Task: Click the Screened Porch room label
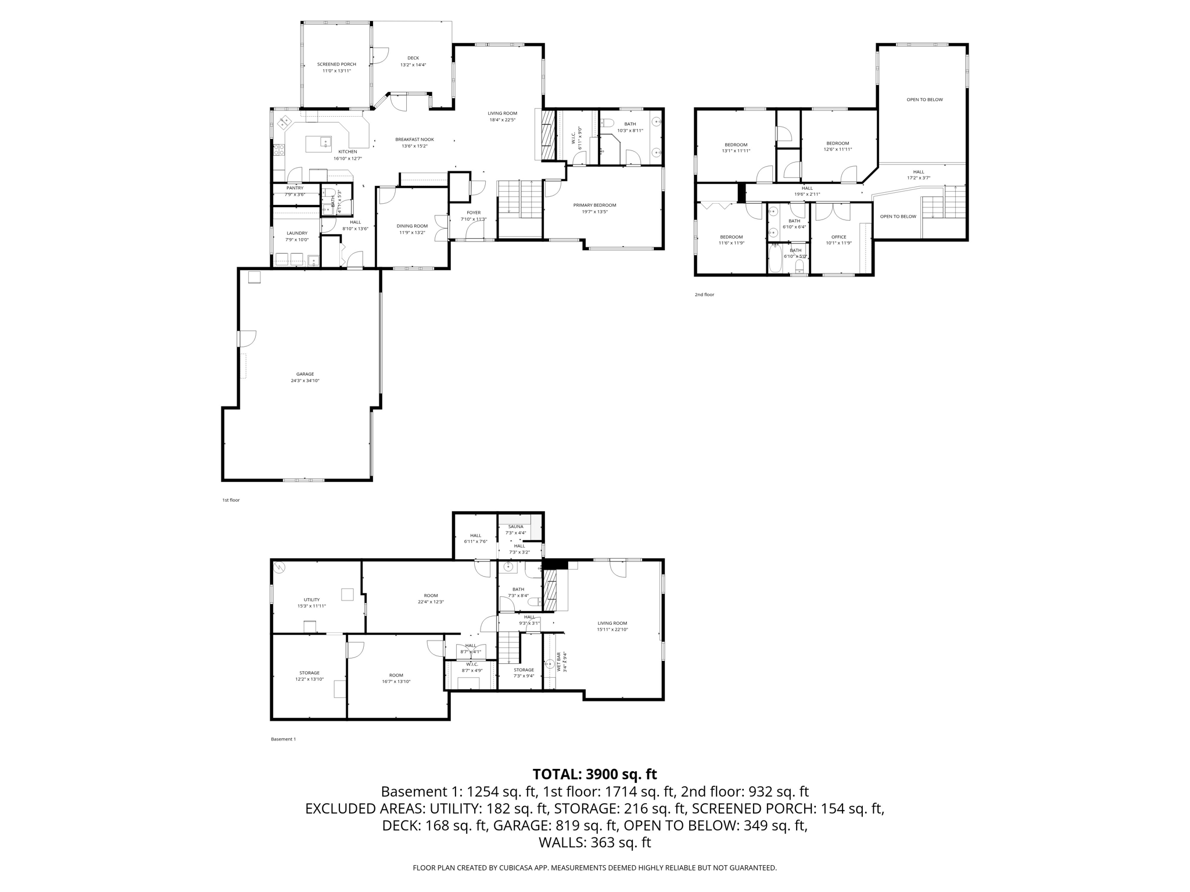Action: click(x=336, y=64)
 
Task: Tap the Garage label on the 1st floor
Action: click(x=305, y=375)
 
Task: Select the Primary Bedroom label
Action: click(x=594, y=205)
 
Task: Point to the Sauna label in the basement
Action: click(x=515, y=527)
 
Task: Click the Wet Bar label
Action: click(x=559, y=662)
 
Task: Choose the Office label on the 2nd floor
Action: click(x=838, y=237)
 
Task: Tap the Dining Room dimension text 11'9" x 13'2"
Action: click(x=413, y=233)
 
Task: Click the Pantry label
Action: click(x=295, y=188)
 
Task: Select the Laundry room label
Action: click(x=297, y=233)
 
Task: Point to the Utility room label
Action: click(x=311, y=600)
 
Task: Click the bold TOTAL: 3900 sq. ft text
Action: click(x=594, y=774)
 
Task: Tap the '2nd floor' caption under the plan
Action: click(x=704, y=295)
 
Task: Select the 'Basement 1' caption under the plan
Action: click(x=284, y=739)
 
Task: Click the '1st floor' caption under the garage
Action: click(x=231, y=500)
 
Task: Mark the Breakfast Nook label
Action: click(x=414, y=139)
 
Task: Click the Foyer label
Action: click(x=474, y=213)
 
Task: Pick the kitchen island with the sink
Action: click(x=318, y=143)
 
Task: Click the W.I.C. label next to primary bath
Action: click(x=574, y=138)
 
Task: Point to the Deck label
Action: click(x=413, y=58)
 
